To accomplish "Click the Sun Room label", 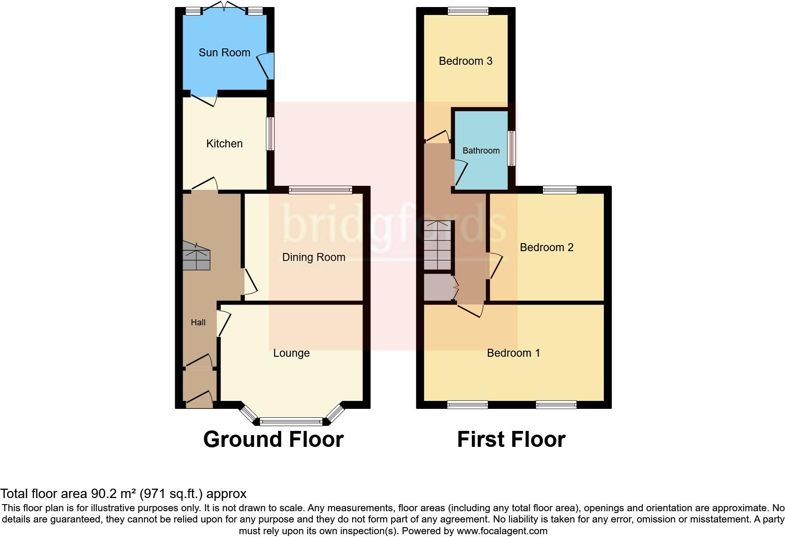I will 224,53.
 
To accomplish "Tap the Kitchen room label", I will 224,144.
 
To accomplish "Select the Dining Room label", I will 314,257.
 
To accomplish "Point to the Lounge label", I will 292,353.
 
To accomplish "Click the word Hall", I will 198,322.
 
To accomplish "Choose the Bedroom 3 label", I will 465,61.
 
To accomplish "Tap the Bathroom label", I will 481,151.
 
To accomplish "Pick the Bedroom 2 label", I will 546,247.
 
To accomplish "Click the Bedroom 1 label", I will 513,353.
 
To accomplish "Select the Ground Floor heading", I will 273,439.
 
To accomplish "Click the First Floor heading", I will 511,439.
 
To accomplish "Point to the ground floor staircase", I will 196,256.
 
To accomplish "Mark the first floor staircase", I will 438,245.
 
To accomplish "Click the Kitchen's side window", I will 270,134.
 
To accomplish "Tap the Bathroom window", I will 511,148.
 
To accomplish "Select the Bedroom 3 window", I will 468,12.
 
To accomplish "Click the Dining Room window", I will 321,190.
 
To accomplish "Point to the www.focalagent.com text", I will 502,531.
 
